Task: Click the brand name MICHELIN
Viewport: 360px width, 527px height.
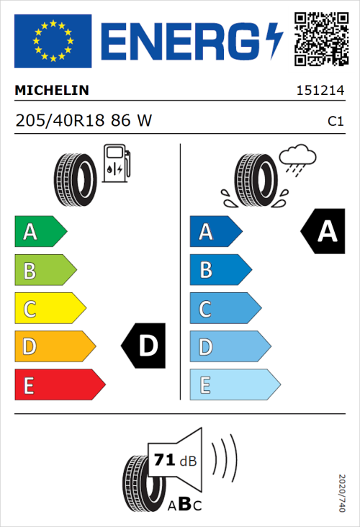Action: point(52,91)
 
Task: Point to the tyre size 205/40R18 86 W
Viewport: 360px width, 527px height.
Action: point(84,121)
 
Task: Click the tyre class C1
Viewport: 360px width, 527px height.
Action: point(335,122)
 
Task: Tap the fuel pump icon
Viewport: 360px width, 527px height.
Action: point(116,163)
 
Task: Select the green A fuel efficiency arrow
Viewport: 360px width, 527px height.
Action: point(40,232)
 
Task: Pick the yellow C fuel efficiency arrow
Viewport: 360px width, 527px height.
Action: point(49,309)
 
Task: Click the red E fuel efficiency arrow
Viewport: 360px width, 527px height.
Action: point(59,385)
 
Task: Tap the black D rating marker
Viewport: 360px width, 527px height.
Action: point(145,346)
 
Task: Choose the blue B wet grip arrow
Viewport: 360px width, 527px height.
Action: point(220,270)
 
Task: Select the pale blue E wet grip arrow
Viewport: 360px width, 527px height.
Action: point(234,385)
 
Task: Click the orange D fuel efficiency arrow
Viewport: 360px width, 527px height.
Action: point(54,347)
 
